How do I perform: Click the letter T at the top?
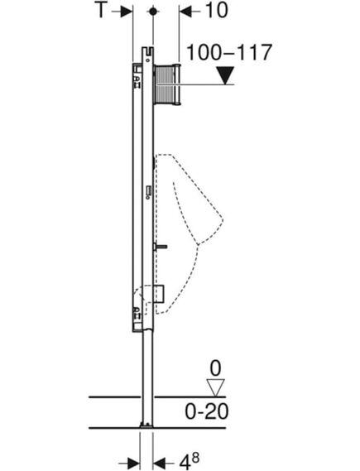(102, 12)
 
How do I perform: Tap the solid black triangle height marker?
(223, 76)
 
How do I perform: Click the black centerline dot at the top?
(152, 12)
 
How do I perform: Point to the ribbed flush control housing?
(167, 84)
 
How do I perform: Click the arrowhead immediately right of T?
(127, 12)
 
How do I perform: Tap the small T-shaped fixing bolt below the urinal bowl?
(161, 247)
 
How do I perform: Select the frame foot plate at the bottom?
(146, 427)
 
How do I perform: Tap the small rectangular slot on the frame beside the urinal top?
(146, 191)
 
